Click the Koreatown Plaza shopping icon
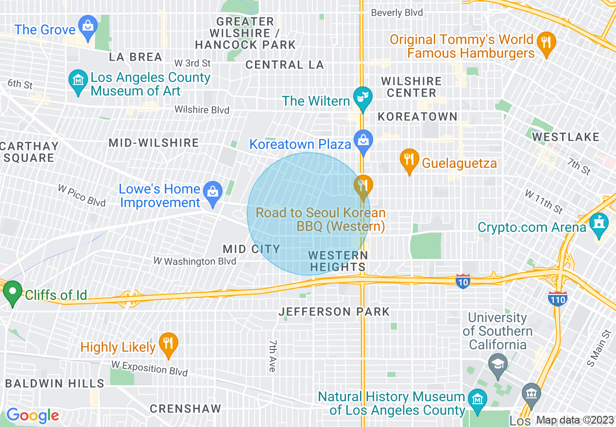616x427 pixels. pyautogui.click(x=363, y=140)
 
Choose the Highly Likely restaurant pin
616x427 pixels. pyautogui.click(x=168, y=343)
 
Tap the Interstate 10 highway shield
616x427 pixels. pyautogui.click(x=463, y=281)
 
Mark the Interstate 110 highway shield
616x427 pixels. pyautogui.click(x=558, y=299)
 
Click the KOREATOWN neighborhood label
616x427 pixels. pyautogui.click(x=417, y=116)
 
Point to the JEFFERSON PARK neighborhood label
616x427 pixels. pyautogui.click(x=334, y=312)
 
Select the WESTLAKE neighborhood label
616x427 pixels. pyautogui.click(x=565, y=137)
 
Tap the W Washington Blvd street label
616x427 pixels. pyautogui.click(x=195, y=262)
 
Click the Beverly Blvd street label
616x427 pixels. pyautogui.click(x=397, y=13)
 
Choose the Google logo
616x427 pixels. pyautogui.click(x=33, y=416)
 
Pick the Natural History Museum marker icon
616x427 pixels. pyautogui.click(x=477, y=398)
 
